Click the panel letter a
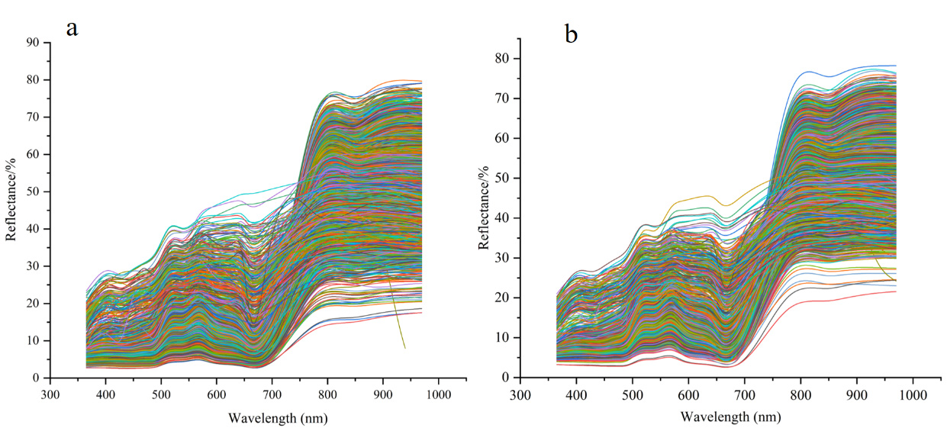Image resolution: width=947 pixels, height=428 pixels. (72, 29)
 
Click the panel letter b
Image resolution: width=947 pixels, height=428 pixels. (572, 34)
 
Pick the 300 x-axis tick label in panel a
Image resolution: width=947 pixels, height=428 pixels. (50, 394)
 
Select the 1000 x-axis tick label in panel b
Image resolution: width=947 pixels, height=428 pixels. (913, 394)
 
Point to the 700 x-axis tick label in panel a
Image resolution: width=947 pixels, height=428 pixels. (272, 394)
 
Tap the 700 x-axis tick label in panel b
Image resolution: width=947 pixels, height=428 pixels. (745, 394)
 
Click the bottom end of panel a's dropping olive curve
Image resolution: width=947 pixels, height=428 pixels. (404, 349)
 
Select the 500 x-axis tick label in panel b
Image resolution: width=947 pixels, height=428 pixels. (633, 394)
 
